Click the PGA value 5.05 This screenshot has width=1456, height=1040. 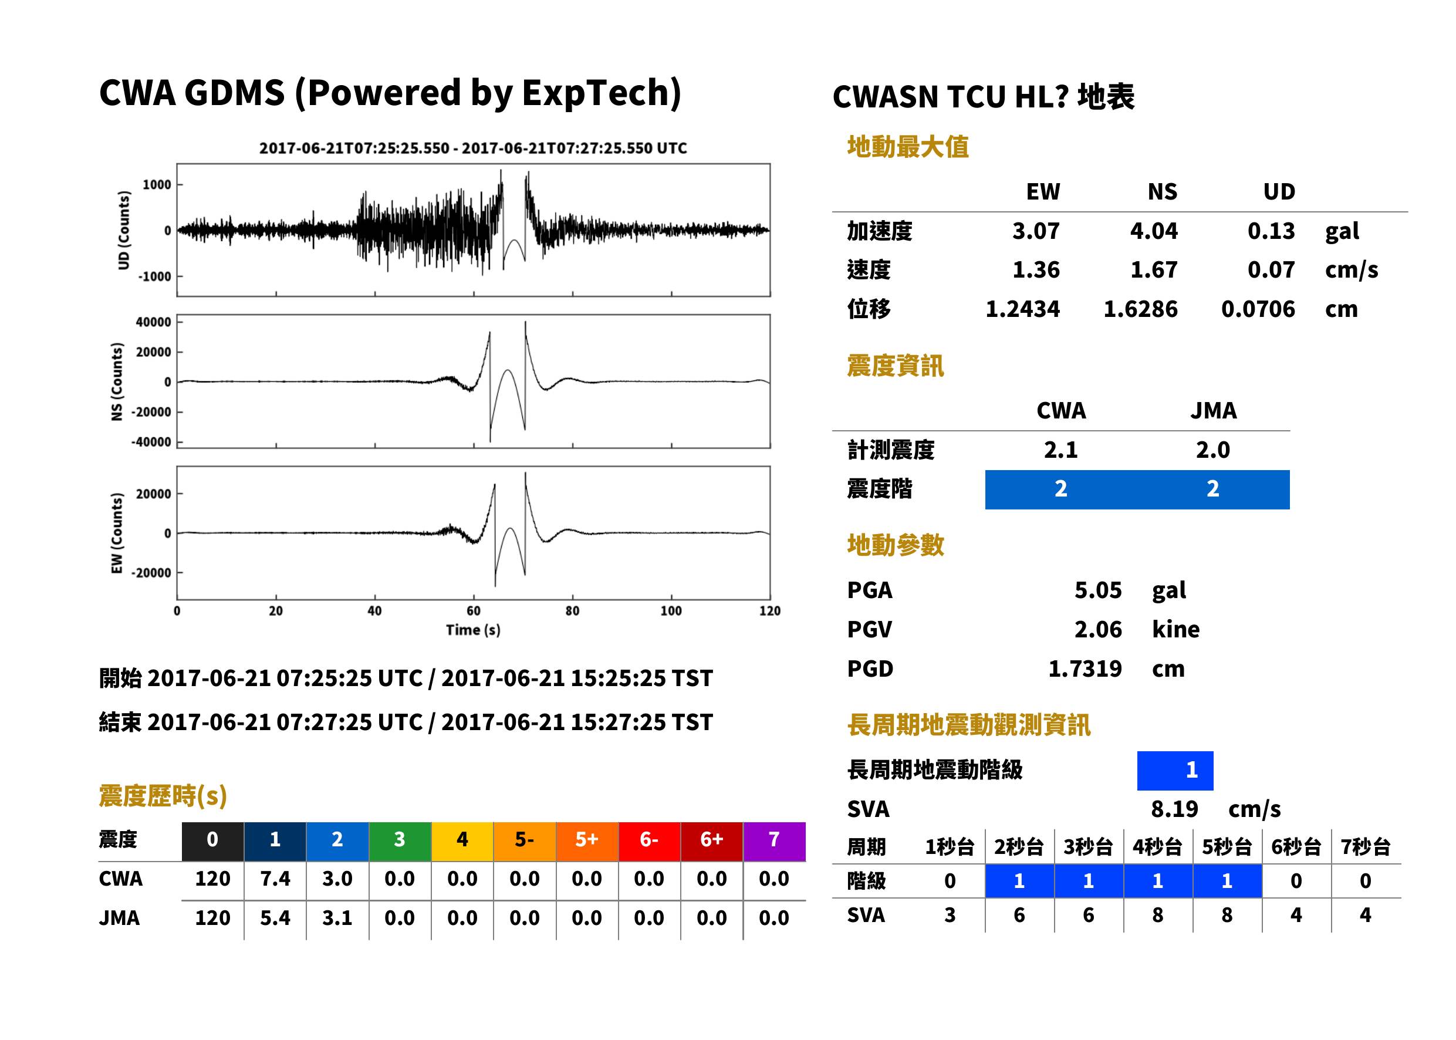coord(1097,590)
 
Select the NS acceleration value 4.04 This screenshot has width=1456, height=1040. coord(1153,231)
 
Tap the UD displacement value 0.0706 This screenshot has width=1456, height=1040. coord(1258,309)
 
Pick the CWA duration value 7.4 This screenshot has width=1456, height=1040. coord(275,879)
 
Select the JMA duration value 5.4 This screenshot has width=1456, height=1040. coord(275,918)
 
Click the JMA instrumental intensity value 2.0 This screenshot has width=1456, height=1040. coord(1212,450)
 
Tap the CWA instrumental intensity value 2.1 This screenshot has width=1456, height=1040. coord(1060,450)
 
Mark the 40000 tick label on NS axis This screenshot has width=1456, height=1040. coord(153,322)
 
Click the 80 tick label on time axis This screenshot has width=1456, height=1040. coord(572,611)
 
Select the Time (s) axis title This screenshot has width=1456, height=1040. coord(473,630)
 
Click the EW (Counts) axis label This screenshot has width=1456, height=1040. coord(117,533)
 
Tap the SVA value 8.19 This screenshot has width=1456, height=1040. coord(1174,809)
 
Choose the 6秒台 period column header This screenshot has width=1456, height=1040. coord(1296,846)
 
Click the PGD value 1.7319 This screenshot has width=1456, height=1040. coord(1085,668)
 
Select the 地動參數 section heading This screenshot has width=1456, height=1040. coord(895,545)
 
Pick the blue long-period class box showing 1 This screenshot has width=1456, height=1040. coord(1175,771)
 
